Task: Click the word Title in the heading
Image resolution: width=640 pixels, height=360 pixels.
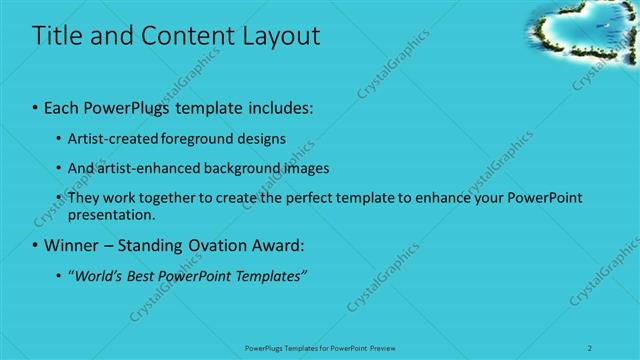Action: [x=59, y=36]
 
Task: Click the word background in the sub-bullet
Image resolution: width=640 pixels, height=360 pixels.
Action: [x=248, y=168]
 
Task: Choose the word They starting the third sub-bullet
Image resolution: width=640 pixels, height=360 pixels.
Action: [x=84, y=197]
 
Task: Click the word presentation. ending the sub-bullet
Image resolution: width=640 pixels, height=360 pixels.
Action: [x=112, y=214]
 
